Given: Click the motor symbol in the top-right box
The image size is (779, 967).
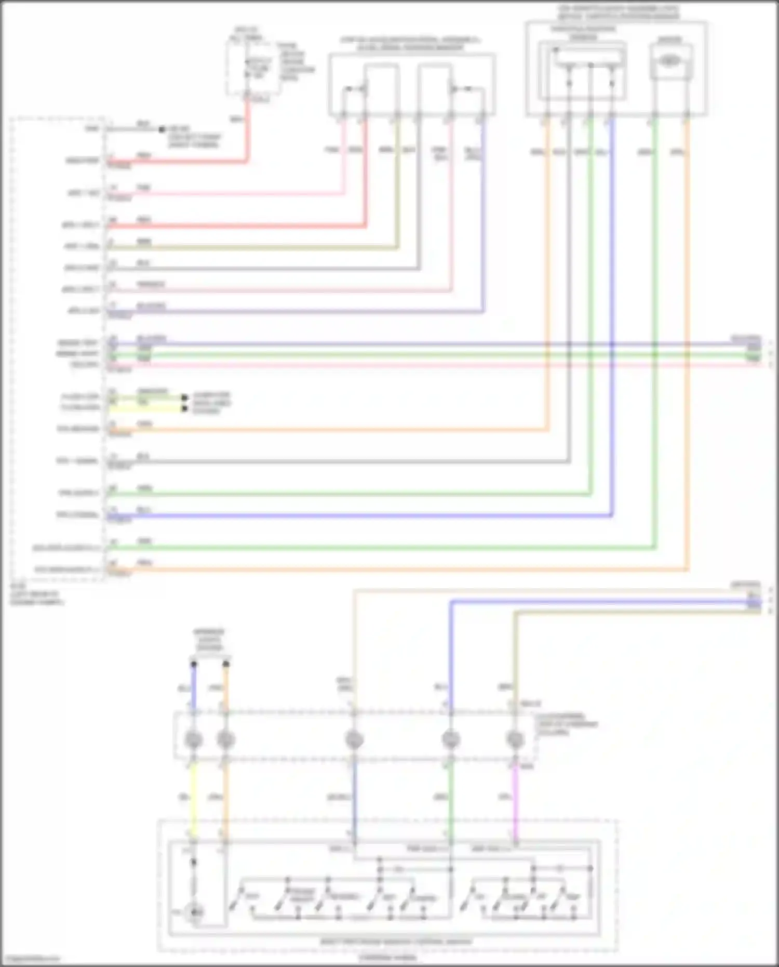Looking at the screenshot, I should pyautogui.click(x=669, y=61).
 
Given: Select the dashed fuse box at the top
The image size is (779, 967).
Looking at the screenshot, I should pyautogui.click(x=253, y=68).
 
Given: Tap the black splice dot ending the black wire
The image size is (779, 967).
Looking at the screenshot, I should pyautogui.click(x=162, y=129).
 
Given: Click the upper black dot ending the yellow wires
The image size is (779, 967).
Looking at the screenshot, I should pyautogui.click(x=184, y=398).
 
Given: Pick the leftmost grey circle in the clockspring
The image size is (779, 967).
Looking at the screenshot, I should pyautogui.click(x=194, y=739).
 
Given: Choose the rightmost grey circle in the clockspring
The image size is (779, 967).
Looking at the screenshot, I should pyautogui.click(x=515, y=739).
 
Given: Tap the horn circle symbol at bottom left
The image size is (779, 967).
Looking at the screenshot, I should pyautogui.click(x=195, y=912).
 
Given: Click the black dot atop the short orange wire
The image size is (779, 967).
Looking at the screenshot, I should pyautogui.click(x=226, y=664).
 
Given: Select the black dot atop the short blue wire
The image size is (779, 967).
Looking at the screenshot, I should pyautogui.click(x=194, y=664).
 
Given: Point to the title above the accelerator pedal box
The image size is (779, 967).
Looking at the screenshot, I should pyautogui.click(x=410, y=44).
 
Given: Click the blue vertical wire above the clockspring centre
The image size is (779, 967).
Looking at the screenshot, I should pyautogui.click(x=451, y=655).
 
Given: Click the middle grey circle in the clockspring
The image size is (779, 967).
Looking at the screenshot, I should pyautogui.click(x=354, y=739).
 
